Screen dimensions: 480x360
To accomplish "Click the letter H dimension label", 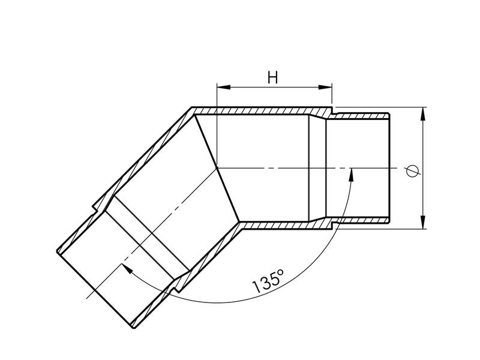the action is [272, 77].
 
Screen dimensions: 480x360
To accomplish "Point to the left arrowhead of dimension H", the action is [223, 87].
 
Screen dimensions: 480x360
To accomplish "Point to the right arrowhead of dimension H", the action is [325, 87].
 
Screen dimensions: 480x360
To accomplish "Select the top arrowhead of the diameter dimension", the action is [423, 114].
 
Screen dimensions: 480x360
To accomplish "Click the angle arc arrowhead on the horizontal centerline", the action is [351, 175].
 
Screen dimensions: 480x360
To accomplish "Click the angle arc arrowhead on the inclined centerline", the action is [127, 268].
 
